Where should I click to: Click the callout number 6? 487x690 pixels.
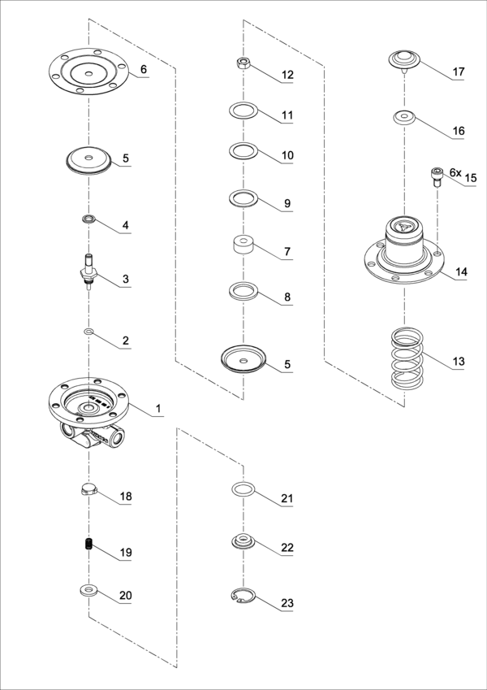click(x=144, y=70)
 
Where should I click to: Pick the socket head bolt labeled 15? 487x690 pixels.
click(x=437, y=176)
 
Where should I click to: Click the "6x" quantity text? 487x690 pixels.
click(x=455, y=173)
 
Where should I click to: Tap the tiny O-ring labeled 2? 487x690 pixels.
click(x=88, y=332)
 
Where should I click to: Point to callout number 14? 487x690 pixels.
click(x=460, y=272)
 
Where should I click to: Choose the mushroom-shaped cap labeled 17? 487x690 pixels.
click(x=404, y=60)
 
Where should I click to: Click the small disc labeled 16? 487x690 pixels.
click(x=403, y=118)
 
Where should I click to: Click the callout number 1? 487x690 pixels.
click(x=159, y=409)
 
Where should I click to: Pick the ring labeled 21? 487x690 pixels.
click(x=243, y=488)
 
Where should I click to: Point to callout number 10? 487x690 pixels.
click(x=287, y=155)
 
